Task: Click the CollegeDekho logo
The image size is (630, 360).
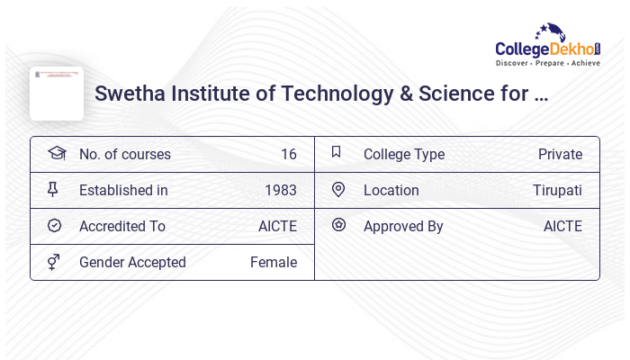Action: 548,45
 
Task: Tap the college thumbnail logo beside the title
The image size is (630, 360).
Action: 57,94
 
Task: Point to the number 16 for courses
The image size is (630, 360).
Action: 288,155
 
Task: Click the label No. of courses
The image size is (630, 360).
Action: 125,155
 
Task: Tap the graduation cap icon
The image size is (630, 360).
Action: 57,153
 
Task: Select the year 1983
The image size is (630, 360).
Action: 281,191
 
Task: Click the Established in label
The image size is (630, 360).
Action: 123,191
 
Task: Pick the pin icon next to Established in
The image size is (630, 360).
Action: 53,189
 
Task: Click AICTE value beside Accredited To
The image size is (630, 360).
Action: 277,227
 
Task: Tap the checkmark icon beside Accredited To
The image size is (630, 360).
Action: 54,226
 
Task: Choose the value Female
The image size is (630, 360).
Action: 274,263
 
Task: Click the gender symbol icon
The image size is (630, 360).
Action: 54,262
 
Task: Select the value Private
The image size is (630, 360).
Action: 560,155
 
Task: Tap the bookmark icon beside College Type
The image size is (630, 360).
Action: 337,152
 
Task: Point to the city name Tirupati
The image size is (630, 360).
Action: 557,191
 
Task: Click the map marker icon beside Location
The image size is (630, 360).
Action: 338,190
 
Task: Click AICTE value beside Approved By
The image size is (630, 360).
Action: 562,227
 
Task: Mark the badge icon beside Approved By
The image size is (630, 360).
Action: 338,225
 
